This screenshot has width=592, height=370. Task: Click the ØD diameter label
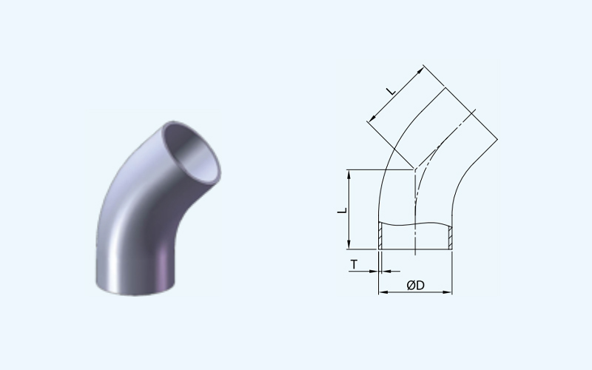click(x=415, y=285)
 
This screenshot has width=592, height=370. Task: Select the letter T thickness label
click(x=354, y=265)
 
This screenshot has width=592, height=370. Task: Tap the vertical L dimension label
click(x=342, y=210)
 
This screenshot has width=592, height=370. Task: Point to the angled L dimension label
click(x=391, y=90)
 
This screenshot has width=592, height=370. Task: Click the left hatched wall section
click(x=380, y=236)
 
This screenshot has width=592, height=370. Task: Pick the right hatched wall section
click(x=450, y=238)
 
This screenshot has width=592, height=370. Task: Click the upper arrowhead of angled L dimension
click(x=420, y=70)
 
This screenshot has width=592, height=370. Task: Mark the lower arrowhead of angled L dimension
click(x=371, y=118)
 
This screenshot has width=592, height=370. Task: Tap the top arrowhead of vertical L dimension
click(x=349, y=174)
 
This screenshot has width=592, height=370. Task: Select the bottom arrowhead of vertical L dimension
click(x=349, y=245)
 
